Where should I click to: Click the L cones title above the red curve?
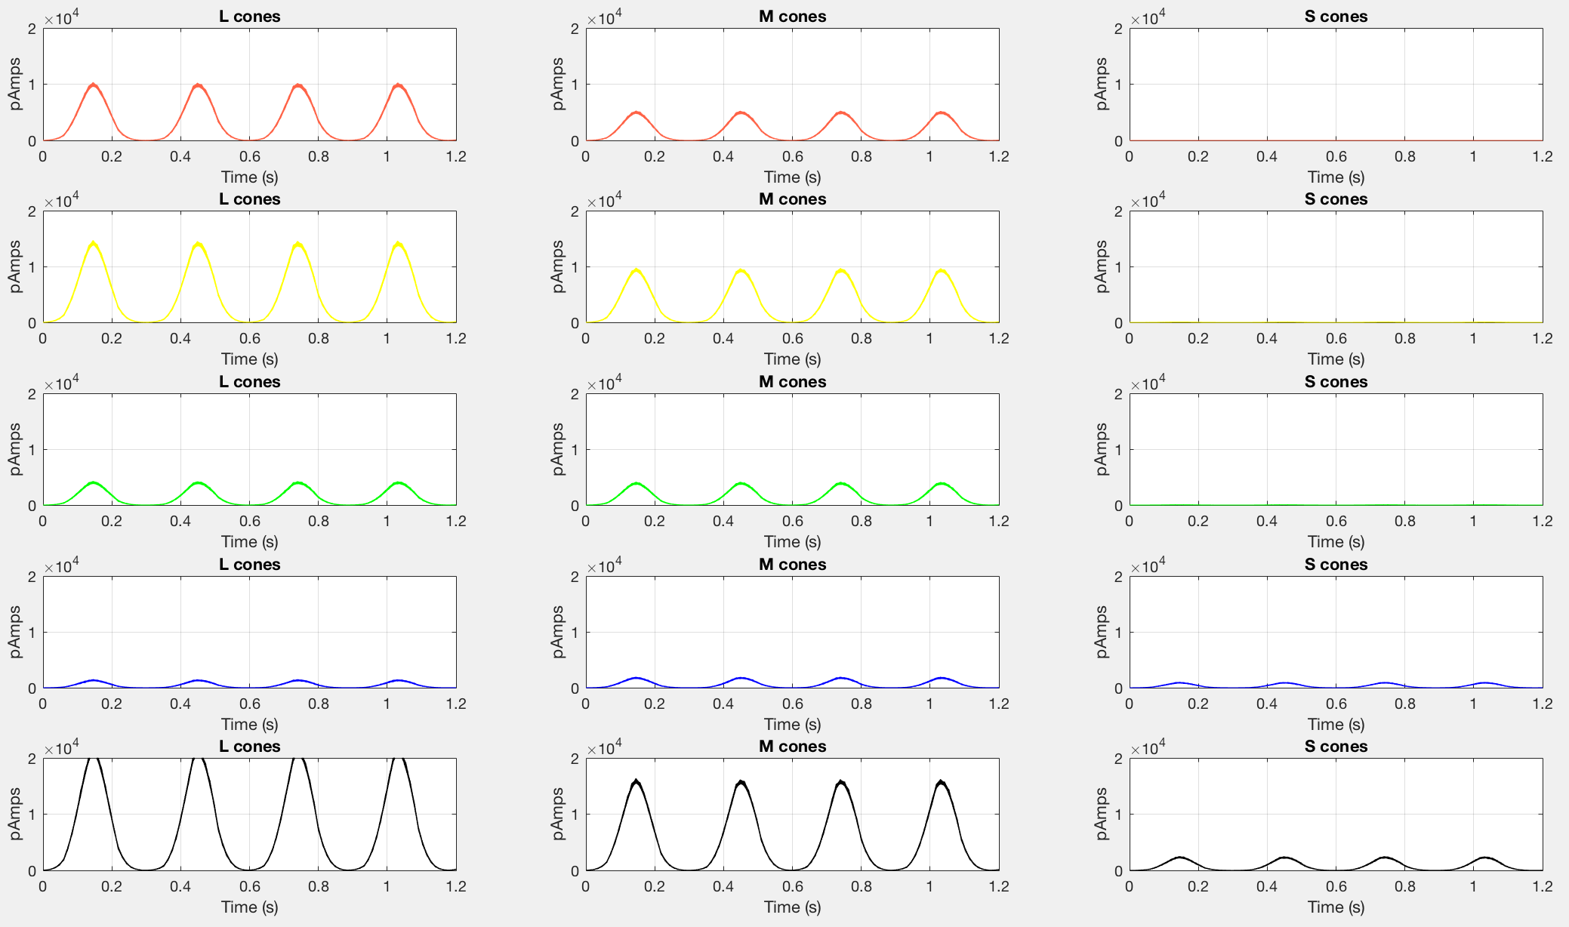[x=249, y=17]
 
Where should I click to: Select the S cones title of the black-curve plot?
[x=1336, y=747]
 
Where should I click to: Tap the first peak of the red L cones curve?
[x=94, y=85]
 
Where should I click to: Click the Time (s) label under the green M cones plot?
[x=792, y=542]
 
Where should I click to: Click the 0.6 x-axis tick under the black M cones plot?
[x=792, y=886]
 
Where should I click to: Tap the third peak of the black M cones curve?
[x=841, y=782]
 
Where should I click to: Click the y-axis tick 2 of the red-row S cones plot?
[x=1118, y=29]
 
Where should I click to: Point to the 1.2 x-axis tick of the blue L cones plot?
[x=456, y=704]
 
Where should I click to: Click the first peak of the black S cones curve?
[x=1180, y=858]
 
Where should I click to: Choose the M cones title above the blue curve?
[x=792, y=565]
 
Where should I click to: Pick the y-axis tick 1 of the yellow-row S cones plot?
[x=1118, y=267]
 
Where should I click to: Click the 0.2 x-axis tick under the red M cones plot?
[x=655, y=156]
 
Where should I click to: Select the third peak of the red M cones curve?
[x=841, y=112]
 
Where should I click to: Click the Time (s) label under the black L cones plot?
[x=249, y=907]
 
